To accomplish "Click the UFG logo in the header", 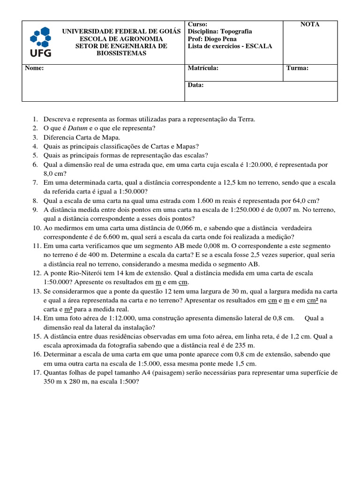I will [x=41, y=42].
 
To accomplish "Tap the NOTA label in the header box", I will [x=310, y=24].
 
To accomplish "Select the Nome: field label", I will [x=34, y=68].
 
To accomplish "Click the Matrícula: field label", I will [x=203, y=68].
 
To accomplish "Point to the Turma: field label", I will [x=297, y=68].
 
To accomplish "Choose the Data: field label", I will [x=195, y=85].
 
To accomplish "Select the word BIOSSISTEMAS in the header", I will [x=121, y=53].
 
